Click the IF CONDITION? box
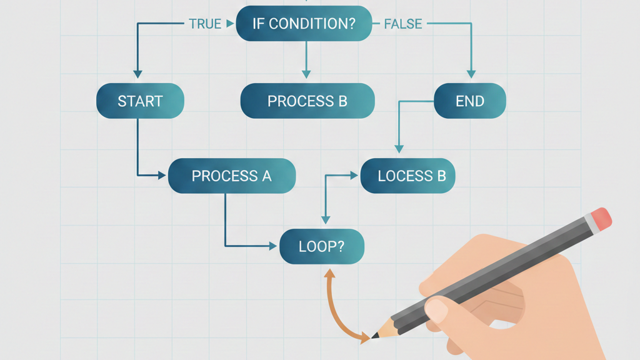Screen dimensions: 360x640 [x=304, y=24]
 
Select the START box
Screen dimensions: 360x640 [x=140, y=101]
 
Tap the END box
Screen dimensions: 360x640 [x=469, y=101]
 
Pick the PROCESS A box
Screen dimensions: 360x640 [x=231, y=176]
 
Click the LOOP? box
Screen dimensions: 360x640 [x=321, y=246]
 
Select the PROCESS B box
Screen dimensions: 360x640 [x=307, y=101]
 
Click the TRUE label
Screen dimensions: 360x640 [x=205, y=24]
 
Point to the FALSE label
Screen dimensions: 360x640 [x=402, y=24]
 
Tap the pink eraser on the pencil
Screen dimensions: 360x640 [x=601, y=218]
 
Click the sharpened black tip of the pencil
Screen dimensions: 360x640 [x=376, y=336]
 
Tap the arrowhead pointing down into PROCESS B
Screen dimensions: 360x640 [x=306, y=73]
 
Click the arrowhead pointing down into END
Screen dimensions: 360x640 [x=471, y=73]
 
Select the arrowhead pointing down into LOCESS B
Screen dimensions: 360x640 [x=399, y=148]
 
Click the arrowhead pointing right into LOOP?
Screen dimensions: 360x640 [x=272, y=246]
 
